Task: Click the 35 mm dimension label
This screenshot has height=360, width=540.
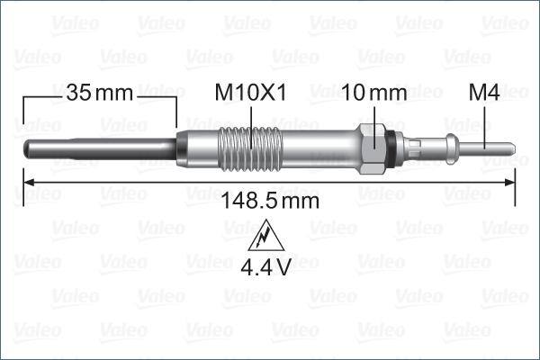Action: (x=98, y=92)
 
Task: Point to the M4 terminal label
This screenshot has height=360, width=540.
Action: (x=485, y=92)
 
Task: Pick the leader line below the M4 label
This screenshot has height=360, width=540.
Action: (x=486, y=121)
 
